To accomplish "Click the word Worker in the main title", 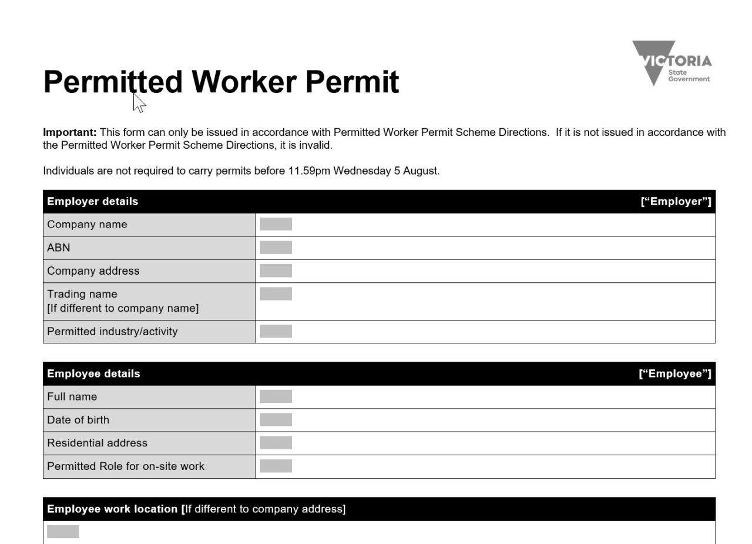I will (243, 82).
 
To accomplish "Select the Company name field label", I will (87, 225).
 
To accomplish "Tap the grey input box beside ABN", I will (276, 248).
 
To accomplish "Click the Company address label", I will (93, 271).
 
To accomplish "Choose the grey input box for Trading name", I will (276, 294).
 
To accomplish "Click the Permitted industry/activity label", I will (112, 332).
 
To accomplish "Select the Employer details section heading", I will (92, 202).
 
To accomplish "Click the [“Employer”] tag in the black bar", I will (676, 202).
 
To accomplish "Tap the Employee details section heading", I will (93, 374).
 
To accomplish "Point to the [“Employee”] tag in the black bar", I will (675, 374).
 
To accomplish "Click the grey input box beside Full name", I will (276, 397).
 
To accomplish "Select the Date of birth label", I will (78, 420).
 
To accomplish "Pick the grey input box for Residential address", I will (276, 443).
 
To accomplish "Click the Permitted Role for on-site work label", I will (125, 466).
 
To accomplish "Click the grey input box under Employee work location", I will (63, 532).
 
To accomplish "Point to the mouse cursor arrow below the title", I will (139, 103).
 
